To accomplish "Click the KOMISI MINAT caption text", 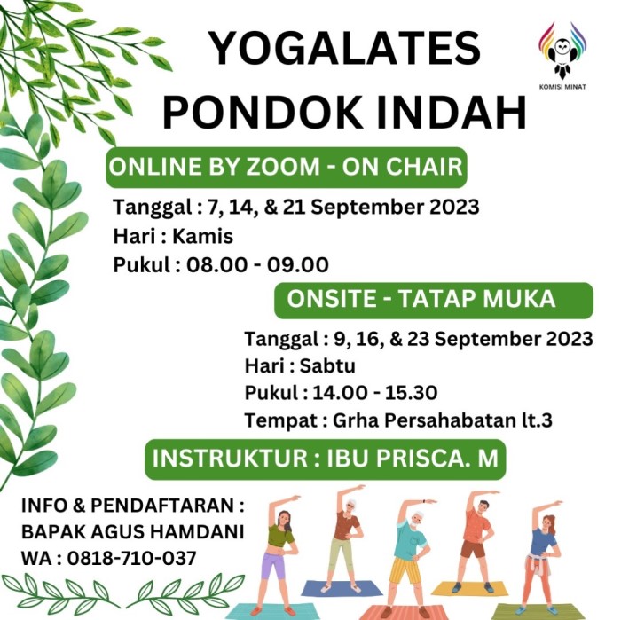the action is [562, 87].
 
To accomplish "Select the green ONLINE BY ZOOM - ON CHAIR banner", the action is [287, 167].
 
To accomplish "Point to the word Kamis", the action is [203, 236].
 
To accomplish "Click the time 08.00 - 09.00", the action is [257, 265].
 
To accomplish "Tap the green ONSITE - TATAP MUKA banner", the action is [434, 300].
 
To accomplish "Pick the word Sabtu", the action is [327, 365].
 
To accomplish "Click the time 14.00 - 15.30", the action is [375, 393].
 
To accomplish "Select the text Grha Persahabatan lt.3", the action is [443, 420].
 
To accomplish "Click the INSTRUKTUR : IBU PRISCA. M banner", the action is [326, 459].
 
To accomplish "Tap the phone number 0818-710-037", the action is [131, 559].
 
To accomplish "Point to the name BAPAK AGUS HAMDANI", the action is [132, 531].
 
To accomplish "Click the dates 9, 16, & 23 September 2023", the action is [463, 339].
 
